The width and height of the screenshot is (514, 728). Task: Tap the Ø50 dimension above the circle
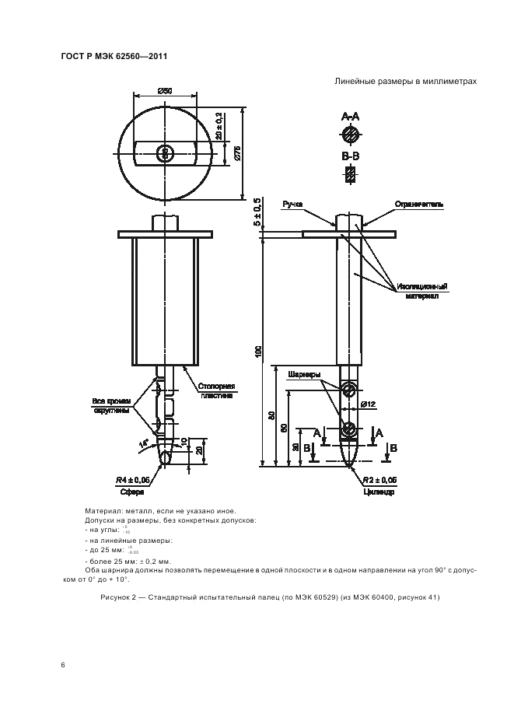click(165, 93)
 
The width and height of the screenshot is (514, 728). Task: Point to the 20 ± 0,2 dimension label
click(219, 128)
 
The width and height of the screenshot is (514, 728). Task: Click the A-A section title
click(351, 116)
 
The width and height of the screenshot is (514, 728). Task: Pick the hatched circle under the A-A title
click(351, 135)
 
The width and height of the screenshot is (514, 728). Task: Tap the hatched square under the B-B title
click(351, 176)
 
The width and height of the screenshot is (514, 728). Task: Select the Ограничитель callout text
click(420, 205)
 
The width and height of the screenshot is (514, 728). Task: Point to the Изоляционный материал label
click(421, 291)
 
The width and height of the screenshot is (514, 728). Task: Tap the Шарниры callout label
click(304, 374)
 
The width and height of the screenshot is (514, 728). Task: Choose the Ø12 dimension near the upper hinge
click(369, 404)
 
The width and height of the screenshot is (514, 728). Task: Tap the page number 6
click(63, 665)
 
